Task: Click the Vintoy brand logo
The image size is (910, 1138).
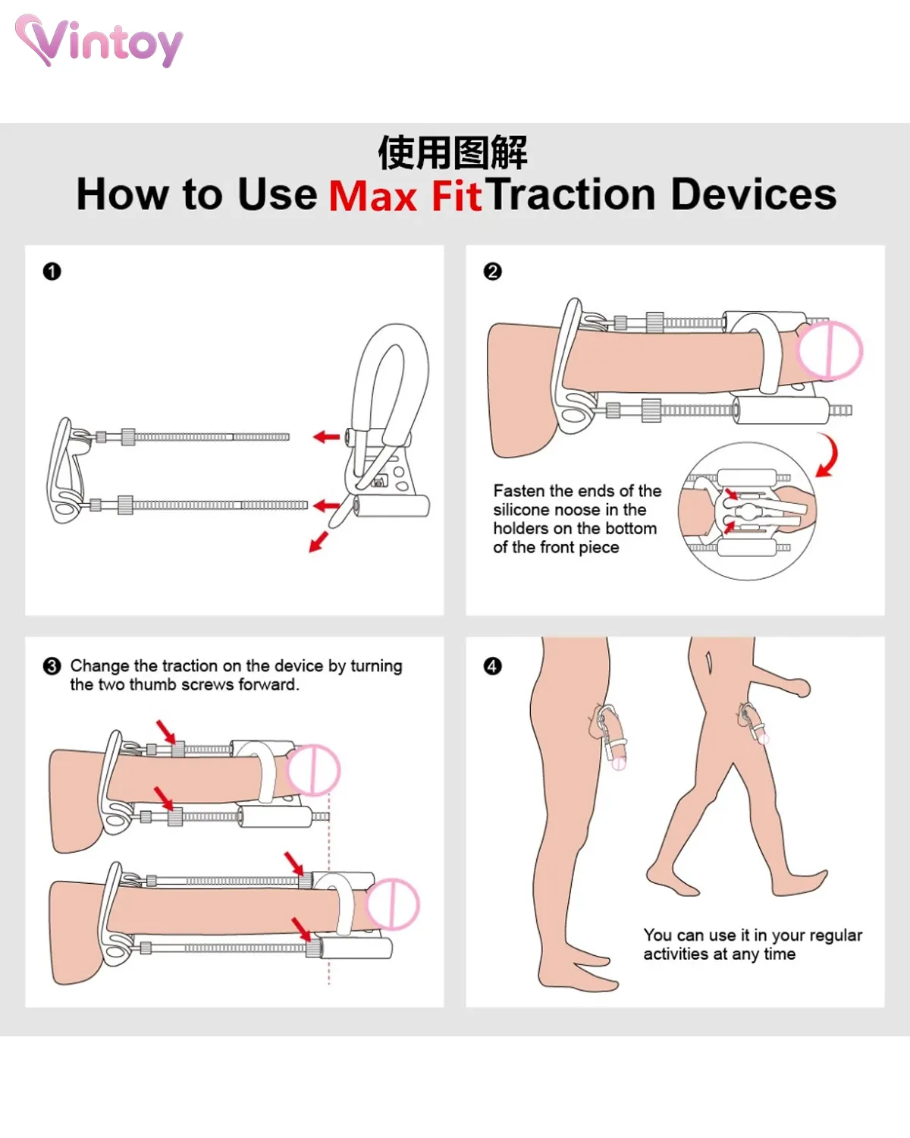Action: click(x=99, y=42)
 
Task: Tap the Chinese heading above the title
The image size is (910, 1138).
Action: click(x=452, y=152)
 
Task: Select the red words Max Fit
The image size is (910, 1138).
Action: click(x=405, y=196)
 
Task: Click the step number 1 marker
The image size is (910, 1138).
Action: click(x=52, y=272)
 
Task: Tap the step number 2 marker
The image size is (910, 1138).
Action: click(x=493, y=272)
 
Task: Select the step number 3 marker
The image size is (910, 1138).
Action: click(x=52, y=666)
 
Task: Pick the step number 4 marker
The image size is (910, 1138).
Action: click(x=493, y=666)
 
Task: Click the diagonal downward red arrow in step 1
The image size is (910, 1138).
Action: click(x=318, y=542)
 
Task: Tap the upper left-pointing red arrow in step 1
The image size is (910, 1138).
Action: click(x=327, y=437)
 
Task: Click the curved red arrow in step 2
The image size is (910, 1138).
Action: click(x=829, y=456)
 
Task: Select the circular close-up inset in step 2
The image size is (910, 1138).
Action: click(x=748, y=511)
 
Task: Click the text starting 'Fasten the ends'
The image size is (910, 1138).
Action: click(x=576, y=519)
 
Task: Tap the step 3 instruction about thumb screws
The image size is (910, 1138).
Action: click(x=236, y=674)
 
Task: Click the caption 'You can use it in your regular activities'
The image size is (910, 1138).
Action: click(x=752, y=945)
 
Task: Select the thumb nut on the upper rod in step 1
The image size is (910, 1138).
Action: click(x=128, y=437)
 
